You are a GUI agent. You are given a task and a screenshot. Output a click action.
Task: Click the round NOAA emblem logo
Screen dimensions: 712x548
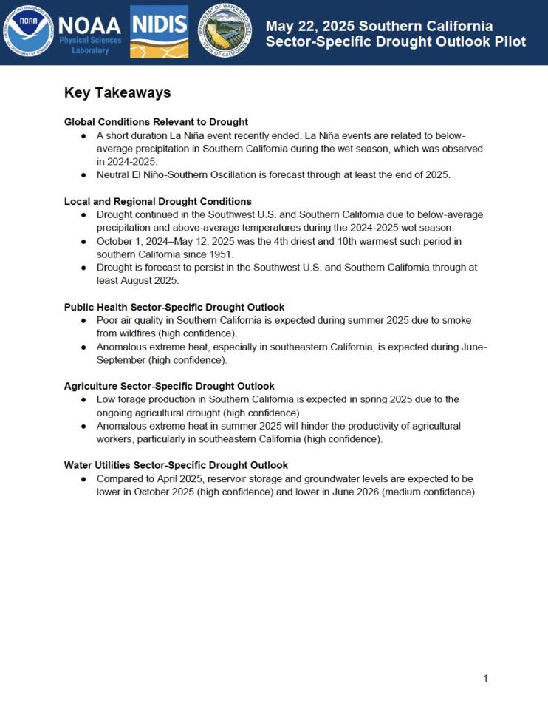(29, 31)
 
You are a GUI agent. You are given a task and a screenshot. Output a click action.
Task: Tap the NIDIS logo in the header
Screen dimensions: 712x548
(159, 31)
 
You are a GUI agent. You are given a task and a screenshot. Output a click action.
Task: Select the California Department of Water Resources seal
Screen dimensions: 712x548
(225, 31)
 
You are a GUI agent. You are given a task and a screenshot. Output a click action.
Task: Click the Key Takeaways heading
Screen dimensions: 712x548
(117, 92)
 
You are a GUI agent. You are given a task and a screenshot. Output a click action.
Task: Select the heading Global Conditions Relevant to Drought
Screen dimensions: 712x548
(156, 121)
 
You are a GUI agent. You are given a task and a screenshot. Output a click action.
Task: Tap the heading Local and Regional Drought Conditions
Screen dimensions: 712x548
(157, 201)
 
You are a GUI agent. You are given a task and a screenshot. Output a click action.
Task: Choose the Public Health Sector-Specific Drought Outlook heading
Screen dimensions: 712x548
(174, 307)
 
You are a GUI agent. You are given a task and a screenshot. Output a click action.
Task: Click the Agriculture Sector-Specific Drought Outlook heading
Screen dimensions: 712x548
(169, 386)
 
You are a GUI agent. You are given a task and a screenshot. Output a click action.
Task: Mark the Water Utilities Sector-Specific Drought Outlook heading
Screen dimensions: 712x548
(176, 465)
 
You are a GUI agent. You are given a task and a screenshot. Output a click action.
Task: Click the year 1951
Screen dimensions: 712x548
(219, 254)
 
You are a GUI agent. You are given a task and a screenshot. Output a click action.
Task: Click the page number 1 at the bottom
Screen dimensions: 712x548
(485, 678)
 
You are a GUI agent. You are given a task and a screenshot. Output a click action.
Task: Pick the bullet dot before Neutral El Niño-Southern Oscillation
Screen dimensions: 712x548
(83, 175)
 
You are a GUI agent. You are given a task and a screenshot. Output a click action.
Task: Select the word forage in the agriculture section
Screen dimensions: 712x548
(137, 399)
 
